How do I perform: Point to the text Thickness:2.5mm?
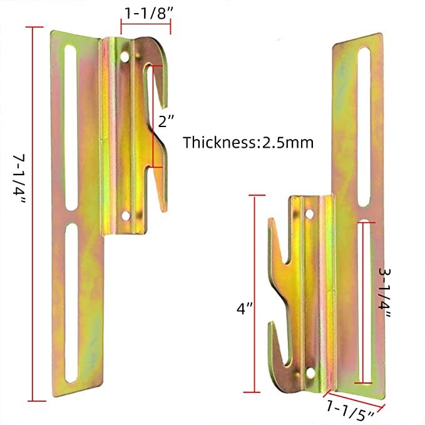click(248, 142)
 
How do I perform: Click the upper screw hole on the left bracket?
click(127, 57)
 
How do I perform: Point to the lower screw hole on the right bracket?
click(309, 373)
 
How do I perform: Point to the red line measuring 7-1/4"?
click(34, 213)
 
